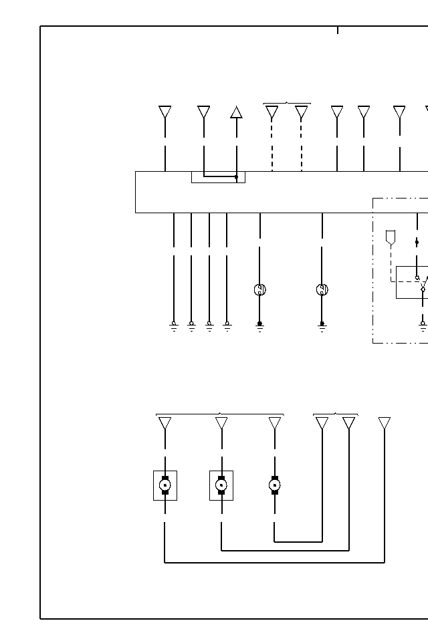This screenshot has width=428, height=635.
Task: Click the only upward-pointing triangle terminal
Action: coord(236,112)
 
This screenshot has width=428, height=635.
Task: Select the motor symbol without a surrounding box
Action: coord(274,485)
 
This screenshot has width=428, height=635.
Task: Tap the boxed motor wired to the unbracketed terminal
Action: coord(165,485)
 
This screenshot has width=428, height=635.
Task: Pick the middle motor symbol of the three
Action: coord(221,485)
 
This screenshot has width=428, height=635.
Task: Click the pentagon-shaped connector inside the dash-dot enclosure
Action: coord(391,237)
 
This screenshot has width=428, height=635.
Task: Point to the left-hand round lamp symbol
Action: coord(260,289)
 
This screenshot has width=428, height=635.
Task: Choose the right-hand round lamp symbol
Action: coord(322,289)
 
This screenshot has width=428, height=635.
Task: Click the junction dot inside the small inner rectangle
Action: coord(236,177)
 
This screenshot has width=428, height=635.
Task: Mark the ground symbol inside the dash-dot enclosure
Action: coord(423,326)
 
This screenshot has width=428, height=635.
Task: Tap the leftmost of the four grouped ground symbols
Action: coord(174,326)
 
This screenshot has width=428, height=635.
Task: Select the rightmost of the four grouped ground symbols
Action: coord(227,326)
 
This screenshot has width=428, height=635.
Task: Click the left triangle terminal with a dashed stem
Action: coord(272,112)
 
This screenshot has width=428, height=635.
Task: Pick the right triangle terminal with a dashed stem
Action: coord(302,112)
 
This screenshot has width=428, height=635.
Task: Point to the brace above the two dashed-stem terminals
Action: coord(287,104)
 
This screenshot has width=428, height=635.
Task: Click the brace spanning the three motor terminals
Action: coord(219,414)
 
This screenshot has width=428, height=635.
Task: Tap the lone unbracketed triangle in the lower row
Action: coord(385,423)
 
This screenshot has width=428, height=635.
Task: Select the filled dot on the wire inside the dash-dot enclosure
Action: coord(417,242)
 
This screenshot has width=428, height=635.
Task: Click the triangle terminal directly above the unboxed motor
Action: coord(274,423)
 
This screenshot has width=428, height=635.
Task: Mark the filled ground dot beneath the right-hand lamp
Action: coord(322,324)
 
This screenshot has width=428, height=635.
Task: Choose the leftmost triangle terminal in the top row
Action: coord(165,112)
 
